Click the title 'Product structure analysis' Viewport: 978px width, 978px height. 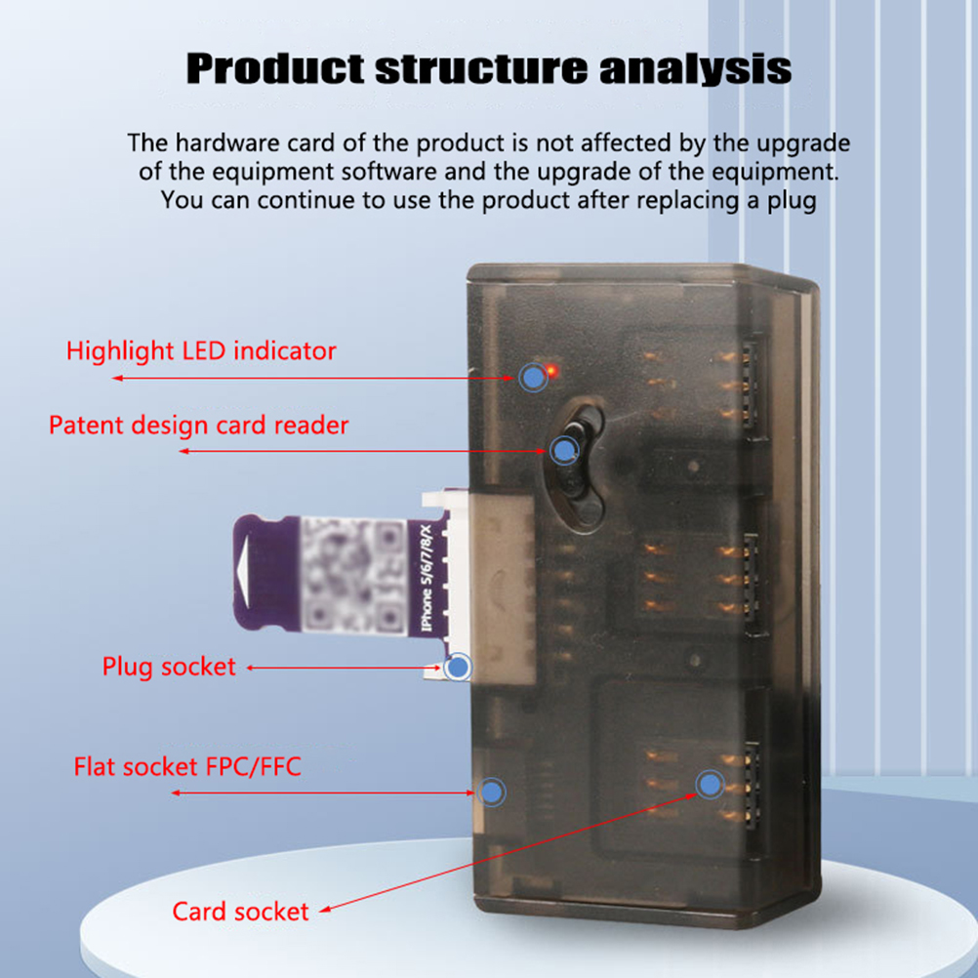click(x=488, y=70)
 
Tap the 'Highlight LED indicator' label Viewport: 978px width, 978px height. click(x=201, y=350)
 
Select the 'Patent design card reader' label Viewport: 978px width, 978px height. click(x=198, y=426)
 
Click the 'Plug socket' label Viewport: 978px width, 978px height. click(x=169, y=667)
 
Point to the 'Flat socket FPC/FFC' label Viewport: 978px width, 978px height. click(x=187, y=766)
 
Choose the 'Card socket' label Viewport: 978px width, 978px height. click(x=240, y=912)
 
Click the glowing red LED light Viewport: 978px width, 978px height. click(x=551, y=370)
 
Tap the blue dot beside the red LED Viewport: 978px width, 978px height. click(x=532, y=377)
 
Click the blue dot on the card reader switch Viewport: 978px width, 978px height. click(x=564, y=450)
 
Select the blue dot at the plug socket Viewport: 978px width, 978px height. click(x=457, y=668)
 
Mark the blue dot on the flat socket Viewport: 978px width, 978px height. click(x=494, y=791)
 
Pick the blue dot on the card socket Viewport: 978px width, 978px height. click(x=709, y=784)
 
